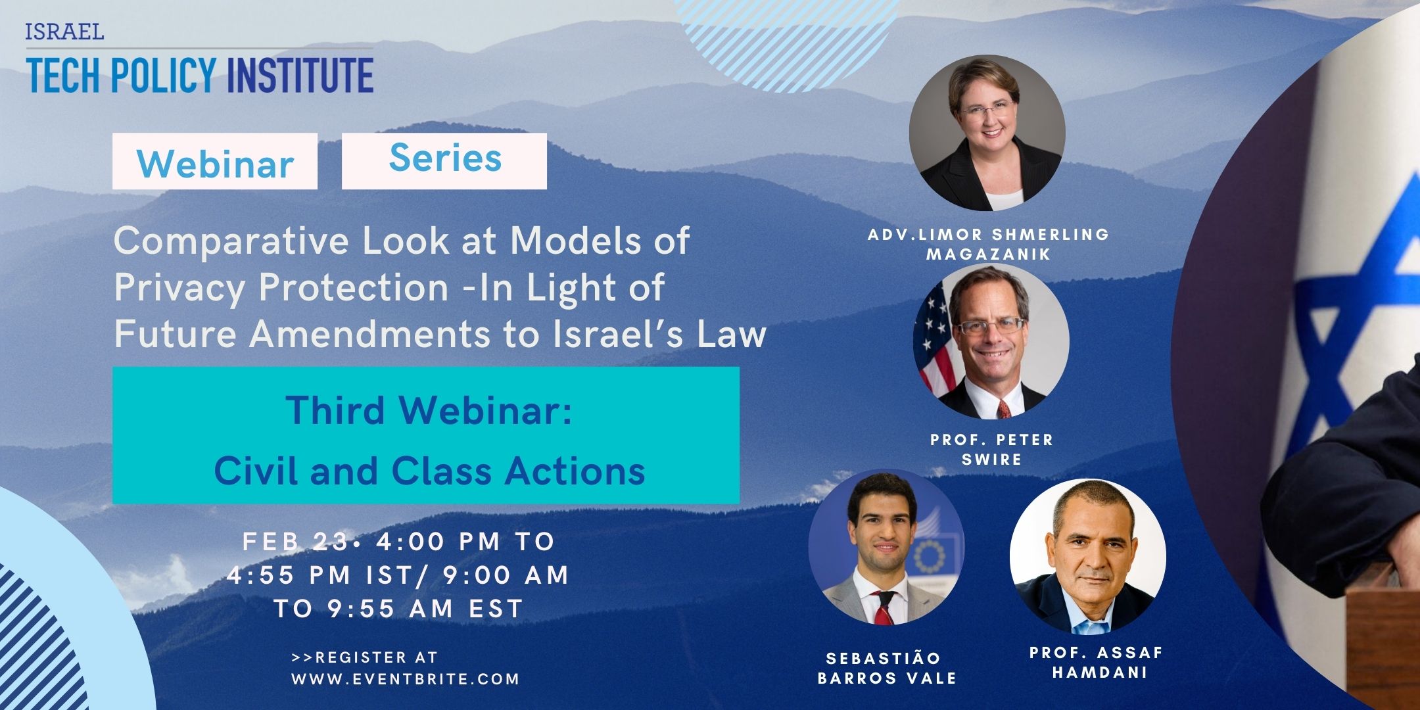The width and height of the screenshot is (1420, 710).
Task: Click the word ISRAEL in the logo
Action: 64,32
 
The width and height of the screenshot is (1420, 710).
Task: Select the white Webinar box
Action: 215,161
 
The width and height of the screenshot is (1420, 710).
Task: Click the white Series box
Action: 444,161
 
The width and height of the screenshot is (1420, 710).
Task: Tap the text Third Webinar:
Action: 429,410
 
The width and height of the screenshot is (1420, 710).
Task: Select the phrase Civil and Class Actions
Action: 429,471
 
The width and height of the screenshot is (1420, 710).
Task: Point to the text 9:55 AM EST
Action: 425,609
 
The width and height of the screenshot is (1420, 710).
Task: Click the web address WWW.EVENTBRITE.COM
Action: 406,679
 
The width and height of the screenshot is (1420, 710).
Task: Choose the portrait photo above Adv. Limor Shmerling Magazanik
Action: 987,133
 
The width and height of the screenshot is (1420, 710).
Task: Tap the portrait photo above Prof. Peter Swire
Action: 991,342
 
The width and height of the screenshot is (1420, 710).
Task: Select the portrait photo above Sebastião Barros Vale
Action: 886,547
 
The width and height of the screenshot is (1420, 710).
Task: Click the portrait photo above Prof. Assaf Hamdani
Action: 1088,557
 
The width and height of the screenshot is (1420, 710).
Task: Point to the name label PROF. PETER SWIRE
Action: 992,450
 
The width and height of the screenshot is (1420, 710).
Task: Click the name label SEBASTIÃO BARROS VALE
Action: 887,668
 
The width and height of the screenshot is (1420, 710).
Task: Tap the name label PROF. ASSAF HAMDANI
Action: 1097,663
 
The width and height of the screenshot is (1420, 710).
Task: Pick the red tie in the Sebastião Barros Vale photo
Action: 883,608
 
